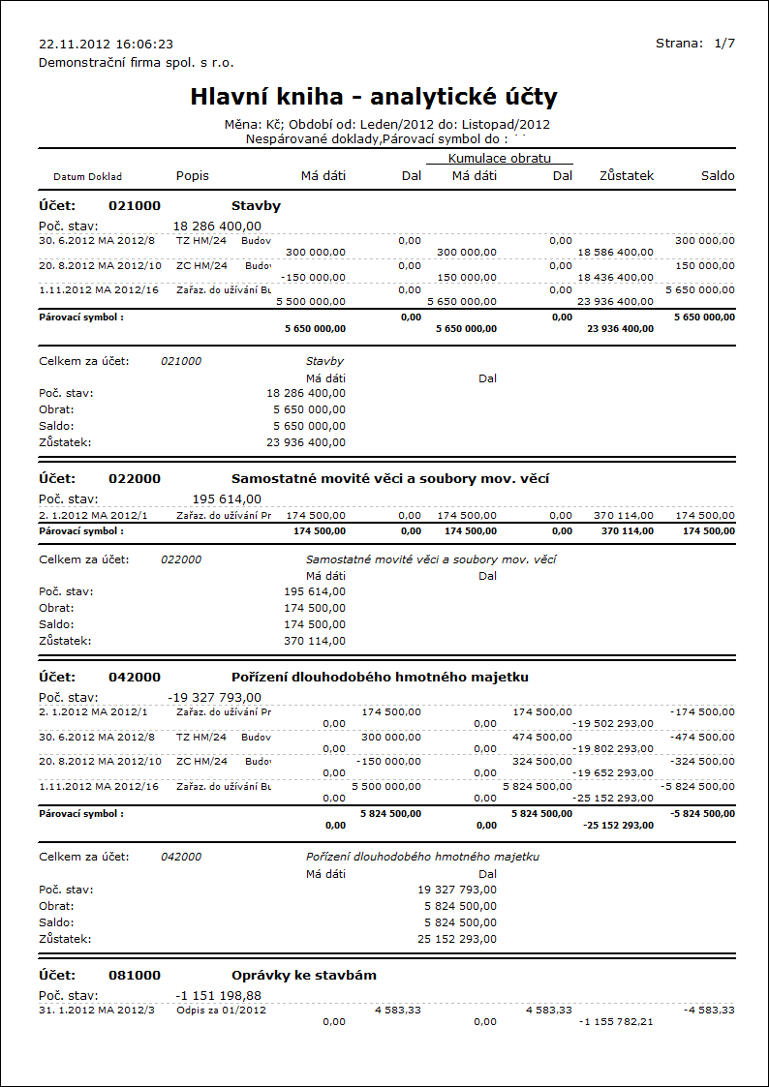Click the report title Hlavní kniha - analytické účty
click(x=373, y=97)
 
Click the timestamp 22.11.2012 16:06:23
click(x=106, y=44)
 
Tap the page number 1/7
click(x=724, y=44)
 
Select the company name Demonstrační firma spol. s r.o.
click(x=136, y=62)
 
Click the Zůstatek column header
click(x=627, y=176)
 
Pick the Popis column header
click(x=192, y=176)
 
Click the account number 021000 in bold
click(x=136, y=206)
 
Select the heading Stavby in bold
click(x=256, y=206)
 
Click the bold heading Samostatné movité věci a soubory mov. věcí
click(x=390, y=478)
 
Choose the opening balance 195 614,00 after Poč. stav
click(x=228, y=498)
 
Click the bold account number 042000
click(x=136, y=677)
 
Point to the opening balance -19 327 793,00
click(x=214, y=697)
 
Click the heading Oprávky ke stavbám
click(x=303, y=975)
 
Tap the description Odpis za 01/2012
click(x=221, y=1010)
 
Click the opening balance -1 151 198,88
click(x=218, y=995)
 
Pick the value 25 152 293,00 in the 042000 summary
click(x=457, y=939)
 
